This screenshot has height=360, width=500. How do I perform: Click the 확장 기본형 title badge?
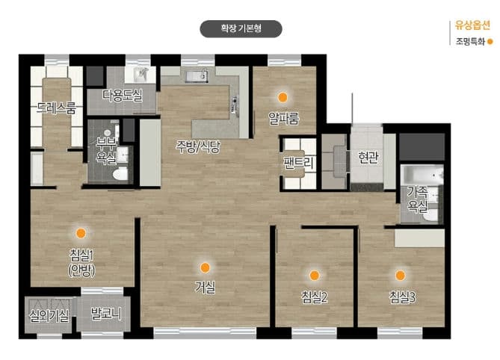(241, 28)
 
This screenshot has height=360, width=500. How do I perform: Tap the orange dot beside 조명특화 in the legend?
(490, 41)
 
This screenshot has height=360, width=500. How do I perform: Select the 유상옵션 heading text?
(472, 25)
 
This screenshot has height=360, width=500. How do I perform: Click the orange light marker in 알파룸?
(283, 97)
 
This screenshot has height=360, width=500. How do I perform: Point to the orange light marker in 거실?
(205, 267)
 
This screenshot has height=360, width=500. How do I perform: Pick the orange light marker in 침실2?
(314, 276)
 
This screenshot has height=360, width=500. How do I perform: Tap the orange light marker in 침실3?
(400, 276)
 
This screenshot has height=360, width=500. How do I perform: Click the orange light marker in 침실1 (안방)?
(81, 233)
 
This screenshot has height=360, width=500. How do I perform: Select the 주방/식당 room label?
(198, 146)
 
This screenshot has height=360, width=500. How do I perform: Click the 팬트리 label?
(298, 163)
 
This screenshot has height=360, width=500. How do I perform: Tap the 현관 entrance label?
(368, 157)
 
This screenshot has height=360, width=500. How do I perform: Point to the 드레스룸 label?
(57, 108)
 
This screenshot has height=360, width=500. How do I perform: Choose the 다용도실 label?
(123, 96)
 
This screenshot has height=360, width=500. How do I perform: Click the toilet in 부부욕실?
(120, 174)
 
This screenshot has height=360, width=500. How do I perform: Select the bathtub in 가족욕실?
(422, 175)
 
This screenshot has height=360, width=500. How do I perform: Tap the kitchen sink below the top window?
(197, 76)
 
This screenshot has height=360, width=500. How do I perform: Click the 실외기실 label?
(49, 316)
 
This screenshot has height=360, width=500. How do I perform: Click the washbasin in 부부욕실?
(123, 155)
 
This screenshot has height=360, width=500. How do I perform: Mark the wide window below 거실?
(205, 333)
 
